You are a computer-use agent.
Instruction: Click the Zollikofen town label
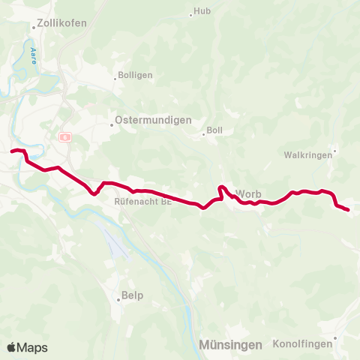pyautogui.click(x=62, y=23)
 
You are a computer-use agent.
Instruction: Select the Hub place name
pyautogui.click(x=202, y=11)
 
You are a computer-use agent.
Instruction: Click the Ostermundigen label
pyautogui.click(x=153, y=120)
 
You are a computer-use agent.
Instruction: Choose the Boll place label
pyautogui.click(x=214, y=130)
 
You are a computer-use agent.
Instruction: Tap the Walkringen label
pyautogui.click(x=307, y=155)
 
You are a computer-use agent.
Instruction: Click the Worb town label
pyautogui.click(x=248, y=193)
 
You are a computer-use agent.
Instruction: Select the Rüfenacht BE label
pyautogui.click(x=142, y=202)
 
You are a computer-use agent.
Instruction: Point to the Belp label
pyautogui.click(x=132, y=295)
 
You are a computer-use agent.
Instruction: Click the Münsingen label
pyautogui.click(x=231, y=345)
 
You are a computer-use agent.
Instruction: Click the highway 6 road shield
pyautogui.click(x=65, y=137)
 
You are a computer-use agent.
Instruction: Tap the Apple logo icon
pyautogui.click(x=12, y=347)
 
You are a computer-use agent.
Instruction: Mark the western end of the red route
pyautogui.click(x=12, y=151)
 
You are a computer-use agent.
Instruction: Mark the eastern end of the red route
pyautogui.click(x=349, y=210)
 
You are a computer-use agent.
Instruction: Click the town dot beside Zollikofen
pyautogui.click(x=34, y=28)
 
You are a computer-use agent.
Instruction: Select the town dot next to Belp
pyautogui.click(x=118, y=300)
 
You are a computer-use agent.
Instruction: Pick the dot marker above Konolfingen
pyautogui.click(x=335, y=337)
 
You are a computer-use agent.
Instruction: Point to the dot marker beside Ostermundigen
pyautogui.click(x=112, y=124)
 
